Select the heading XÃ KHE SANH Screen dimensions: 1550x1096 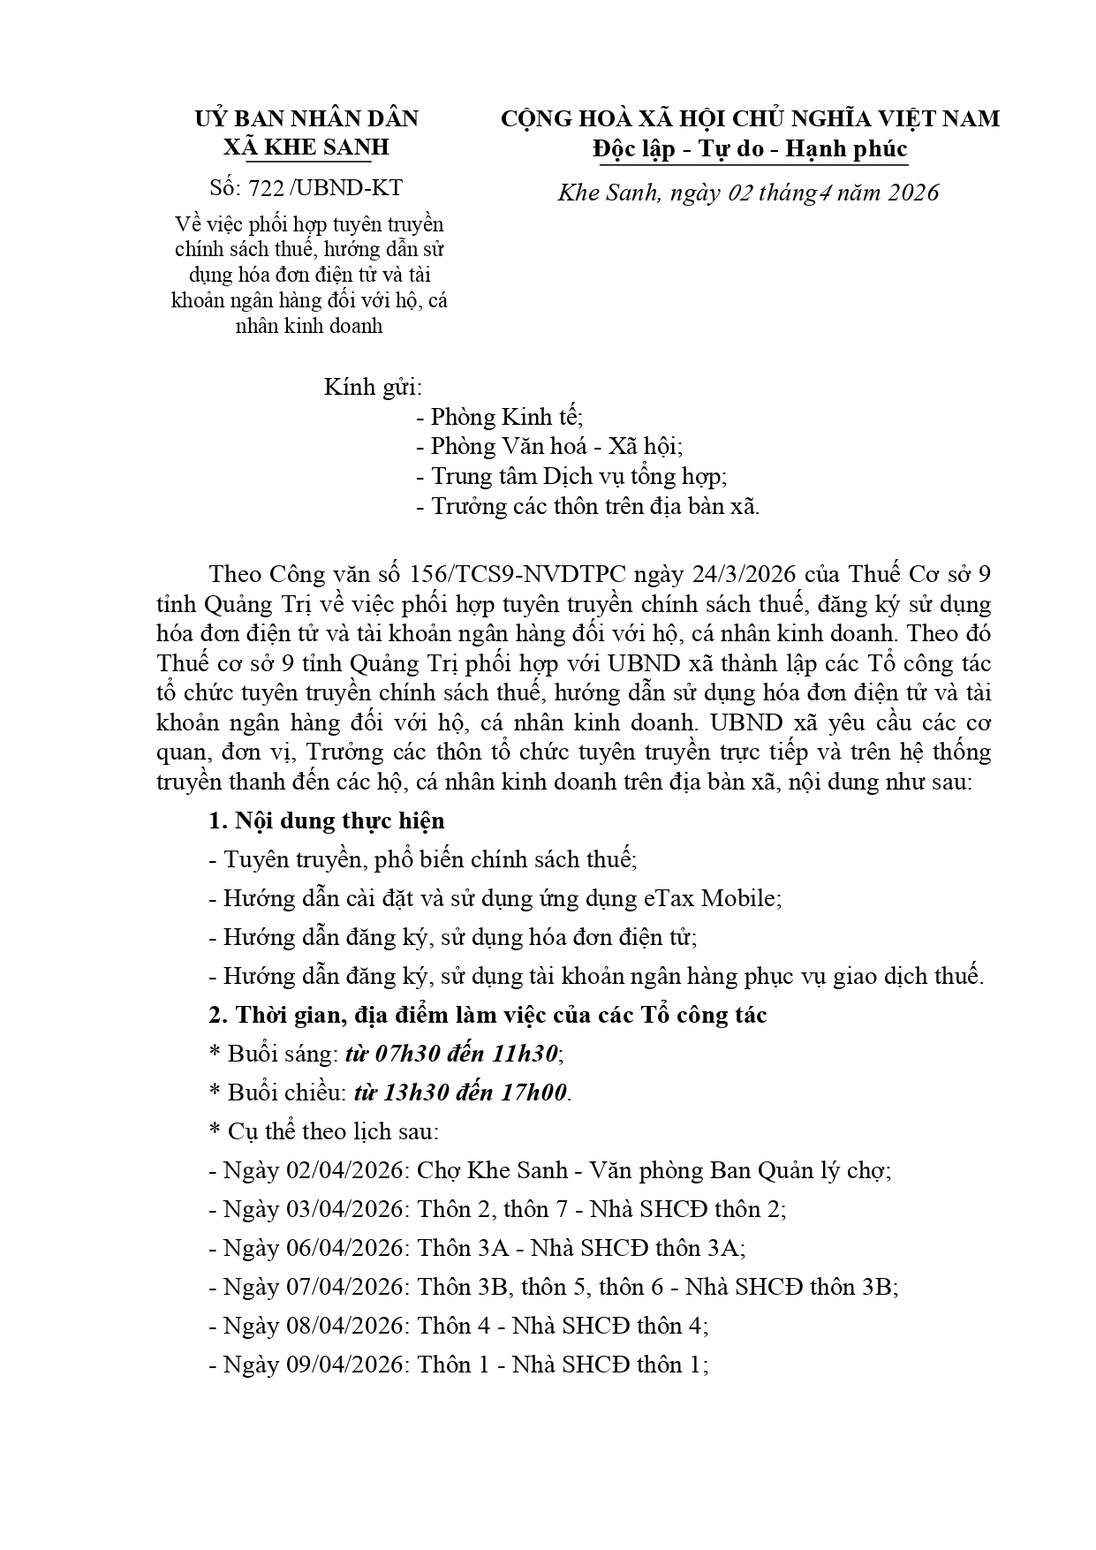[306, 147]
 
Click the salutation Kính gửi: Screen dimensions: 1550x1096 [372, 387]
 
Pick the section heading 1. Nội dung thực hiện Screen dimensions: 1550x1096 [327, 820]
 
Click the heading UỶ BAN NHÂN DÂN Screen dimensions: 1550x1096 [306, 118]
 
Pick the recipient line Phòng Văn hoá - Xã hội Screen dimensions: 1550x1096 [556, 447]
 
